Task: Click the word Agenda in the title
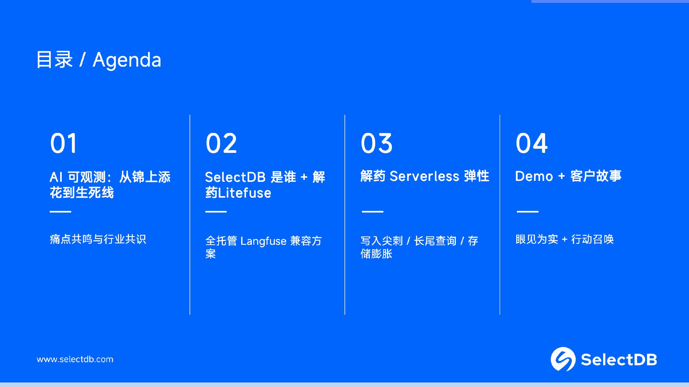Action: (127, 61)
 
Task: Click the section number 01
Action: (64, 143)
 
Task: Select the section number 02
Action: (221, 143)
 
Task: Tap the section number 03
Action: (376, 143)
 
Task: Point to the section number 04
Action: (531, 143)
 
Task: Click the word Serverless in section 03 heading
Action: (424, 176)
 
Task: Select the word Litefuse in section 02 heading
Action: (244, 193)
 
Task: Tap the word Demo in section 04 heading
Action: (534, 176)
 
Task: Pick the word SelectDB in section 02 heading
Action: (235, 177)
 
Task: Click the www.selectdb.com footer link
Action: (75, 359)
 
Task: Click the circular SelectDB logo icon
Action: (563, 359)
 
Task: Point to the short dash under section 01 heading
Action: (60, 212)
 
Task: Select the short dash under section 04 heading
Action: (528, 212)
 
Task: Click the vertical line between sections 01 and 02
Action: (190, 214)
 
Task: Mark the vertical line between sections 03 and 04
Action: (500, 214)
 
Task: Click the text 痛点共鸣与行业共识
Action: (98, 239)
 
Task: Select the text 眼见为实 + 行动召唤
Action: (564, 239)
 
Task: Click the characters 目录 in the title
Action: (55, 60)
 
